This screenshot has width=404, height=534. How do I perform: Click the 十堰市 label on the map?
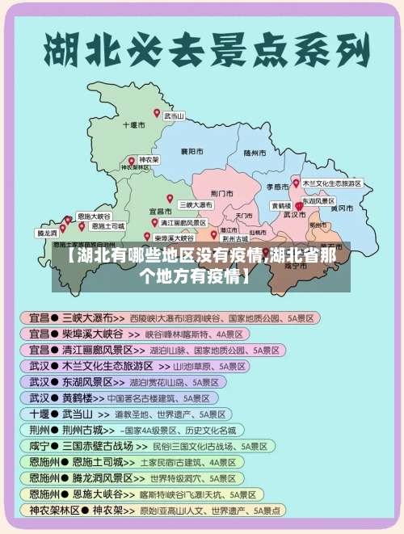pos(133,126)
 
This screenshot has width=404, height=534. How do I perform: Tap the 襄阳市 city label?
pos(191,151)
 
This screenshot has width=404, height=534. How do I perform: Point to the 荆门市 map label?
pos(221,194)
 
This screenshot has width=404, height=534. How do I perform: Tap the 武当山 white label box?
pos(175,116)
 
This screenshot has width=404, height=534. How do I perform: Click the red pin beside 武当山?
pos(158,114)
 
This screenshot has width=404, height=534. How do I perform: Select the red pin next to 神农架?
pos(132,161)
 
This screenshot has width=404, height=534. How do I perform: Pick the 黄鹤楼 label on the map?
pos(281,206)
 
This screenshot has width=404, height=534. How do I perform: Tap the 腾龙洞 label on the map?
pos(46,233)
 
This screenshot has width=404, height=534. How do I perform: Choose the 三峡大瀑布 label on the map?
pos(196,205)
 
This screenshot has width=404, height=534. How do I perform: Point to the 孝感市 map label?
pos(277,187)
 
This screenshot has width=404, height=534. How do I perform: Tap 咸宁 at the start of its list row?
pos(40,446)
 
